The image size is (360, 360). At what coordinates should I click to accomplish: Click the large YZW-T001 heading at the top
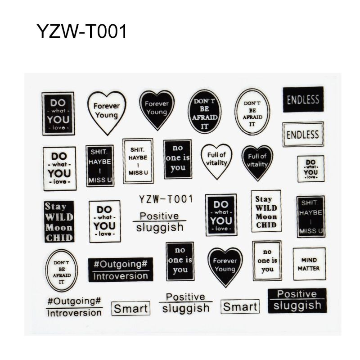tap(82, 31)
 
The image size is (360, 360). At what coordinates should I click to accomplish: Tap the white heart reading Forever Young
tap(107, 112)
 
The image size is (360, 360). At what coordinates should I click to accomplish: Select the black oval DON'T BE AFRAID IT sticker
tap(204, 111)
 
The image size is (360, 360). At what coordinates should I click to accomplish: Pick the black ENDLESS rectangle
tap(303, 99)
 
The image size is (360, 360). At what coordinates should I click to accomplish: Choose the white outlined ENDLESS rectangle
tap(303, 134)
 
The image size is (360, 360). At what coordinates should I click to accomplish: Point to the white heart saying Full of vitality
tap(216, 161)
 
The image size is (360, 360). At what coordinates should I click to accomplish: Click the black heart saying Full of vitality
tap(257, 162)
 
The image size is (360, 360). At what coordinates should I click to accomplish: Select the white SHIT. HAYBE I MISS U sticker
tap(138, 161)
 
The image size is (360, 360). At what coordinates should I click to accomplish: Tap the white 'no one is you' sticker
tap(267, 261)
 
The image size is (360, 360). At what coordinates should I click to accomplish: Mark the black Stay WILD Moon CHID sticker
tap(59, 221)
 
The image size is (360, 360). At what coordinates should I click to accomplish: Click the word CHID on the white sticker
tap(266, 225)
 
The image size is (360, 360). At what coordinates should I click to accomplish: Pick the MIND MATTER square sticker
tap(309, 264)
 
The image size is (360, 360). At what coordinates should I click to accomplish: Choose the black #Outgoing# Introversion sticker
tap(121, 270)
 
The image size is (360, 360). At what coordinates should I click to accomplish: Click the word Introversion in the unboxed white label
tap(74, 313)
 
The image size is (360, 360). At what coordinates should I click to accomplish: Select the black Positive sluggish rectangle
tap(297, 301)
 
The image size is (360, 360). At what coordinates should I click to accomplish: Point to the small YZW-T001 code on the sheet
tap(166, 199)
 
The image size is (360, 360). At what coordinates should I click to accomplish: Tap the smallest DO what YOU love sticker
tap(311, 169)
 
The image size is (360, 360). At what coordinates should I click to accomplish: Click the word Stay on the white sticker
tap(263, 199)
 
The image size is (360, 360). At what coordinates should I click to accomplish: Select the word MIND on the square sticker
tap(309, 260)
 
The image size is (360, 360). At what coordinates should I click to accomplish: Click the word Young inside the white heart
tap(106, 115)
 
